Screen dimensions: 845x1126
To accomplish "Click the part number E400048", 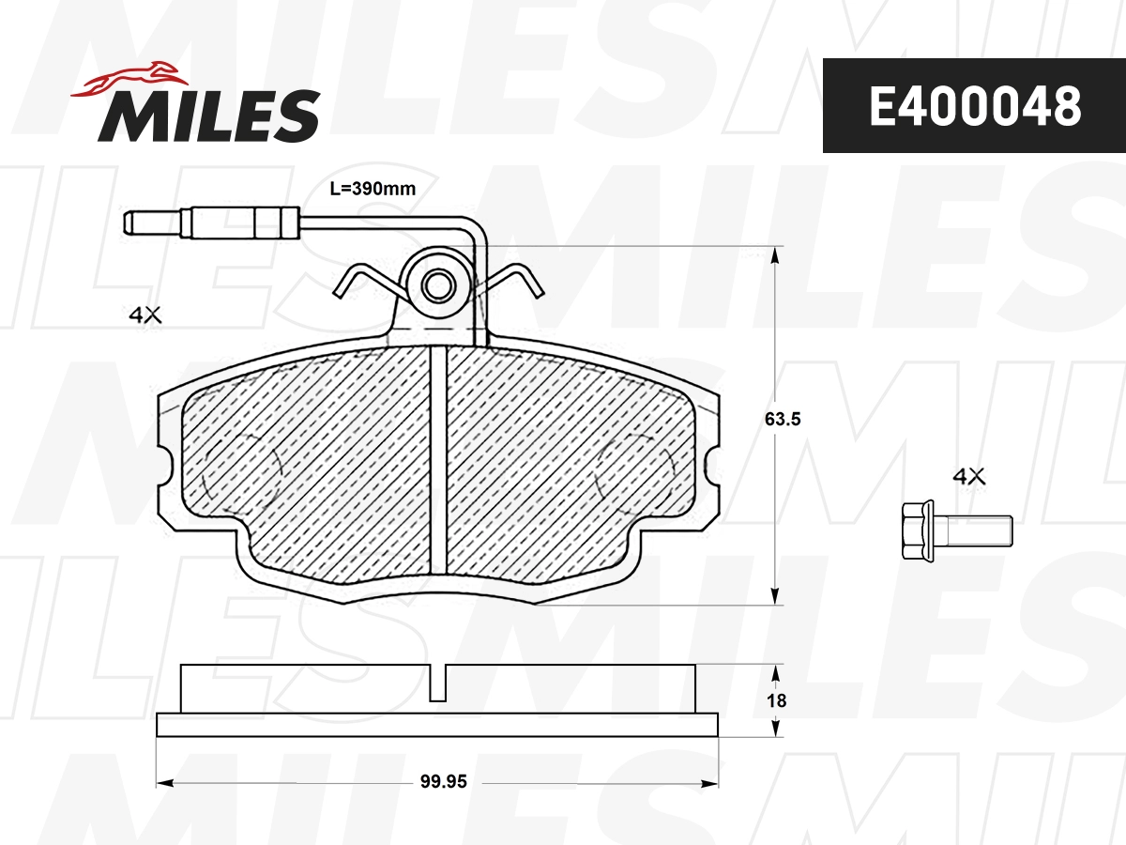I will pyautogui.click(x=974, y=106).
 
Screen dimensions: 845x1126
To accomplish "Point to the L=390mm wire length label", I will pyautogui.click(x=373, y=189).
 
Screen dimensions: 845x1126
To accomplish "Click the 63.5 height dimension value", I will pyautogui.click(x=782, y=420).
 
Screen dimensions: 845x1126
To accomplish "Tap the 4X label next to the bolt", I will pyautogui.click(x=969, y=477).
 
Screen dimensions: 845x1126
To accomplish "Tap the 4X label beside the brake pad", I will pyautogui.click(x=145, y=317).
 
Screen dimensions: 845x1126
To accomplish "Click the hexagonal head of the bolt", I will pyautogui.click(x=920, y=532).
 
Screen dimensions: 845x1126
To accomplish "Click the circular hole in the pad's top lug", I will pyautogui.click(x=436, y=285).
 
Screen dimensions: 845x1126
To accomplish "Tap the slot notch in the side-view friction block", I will pyautogui.click(x=438, y=684).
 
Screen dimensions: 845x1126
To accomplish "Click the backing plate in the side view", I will pyautogui.click(x=437, y=724).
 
